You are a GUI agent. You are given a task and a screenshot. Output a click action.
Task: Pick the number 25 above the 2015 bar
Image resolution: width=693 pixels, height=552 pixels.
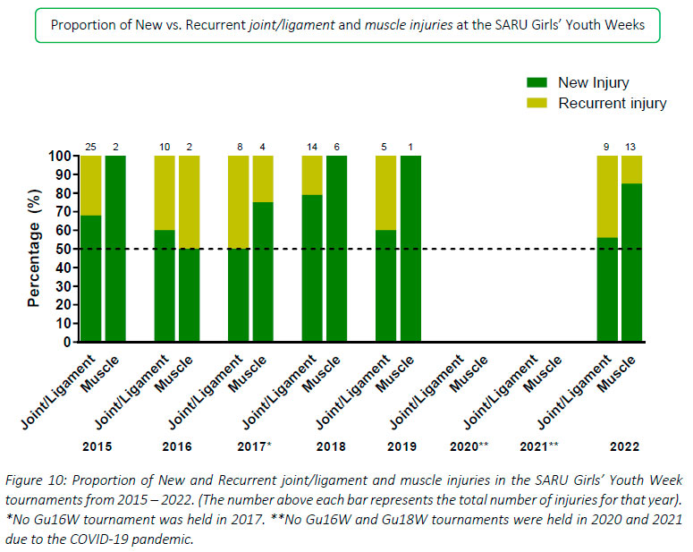click(x=90, y=147)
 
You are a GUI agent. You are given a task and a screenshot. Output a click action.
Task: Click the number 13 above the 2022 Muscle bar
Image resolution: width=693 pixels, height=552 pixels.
click(x=631, y=147)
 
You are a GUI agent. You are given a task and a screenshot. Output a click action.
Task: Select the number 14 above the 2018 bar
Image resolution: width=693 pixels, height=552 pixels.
click(x=312, y=147)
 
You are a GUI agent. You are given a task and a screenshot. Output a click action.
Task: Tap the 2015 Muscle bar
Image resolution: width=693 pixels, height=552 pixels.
click(x=115, y=249)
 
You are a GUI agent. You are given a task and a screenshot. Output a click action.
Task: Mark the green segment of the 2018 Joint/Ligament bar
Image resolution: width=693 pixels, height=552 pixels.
click(x=312, y=268)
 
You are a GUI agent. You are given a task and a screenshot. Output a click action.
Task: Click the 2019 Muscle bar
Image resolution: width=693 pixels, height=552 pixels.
click(x=410, y=249)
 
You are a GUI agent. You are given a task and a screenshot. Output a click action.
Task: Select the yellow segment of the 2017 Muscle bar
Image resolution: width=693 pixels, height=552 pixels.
click(x=263, y=178)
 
